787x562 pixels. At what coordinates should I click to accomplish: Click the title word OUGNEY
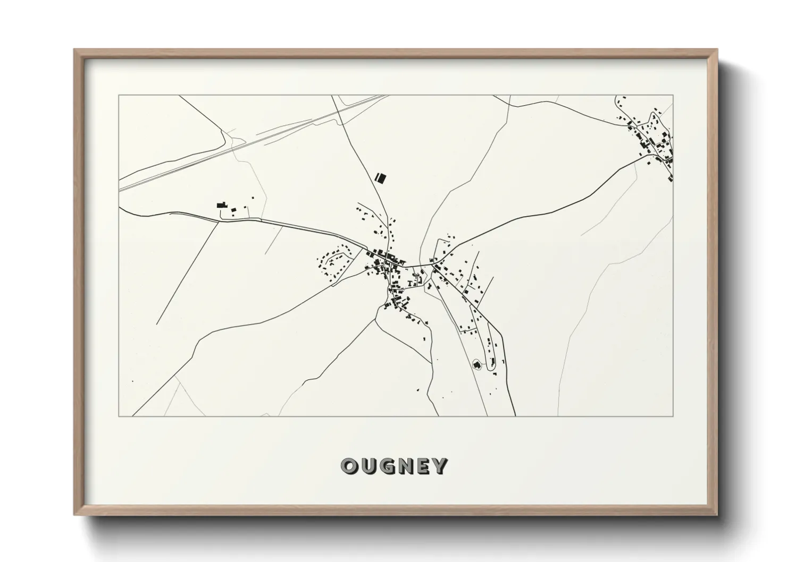[393, 466]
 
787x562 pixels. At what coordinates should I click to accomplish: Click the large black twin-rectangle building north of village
[380, 177]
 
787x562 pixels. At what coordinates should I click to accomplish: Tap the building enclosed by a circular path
[476, 364]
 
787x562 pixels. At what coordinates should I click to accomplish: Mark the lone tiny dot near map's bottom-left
[132, 380]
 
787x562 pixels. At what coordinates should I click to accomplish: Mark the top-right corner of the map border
[673, 95]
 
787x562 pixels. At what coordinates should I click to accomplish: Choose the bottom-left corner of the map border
[119, 416]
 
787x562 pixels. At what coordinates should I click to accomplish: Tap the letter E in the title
[422, 466]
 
